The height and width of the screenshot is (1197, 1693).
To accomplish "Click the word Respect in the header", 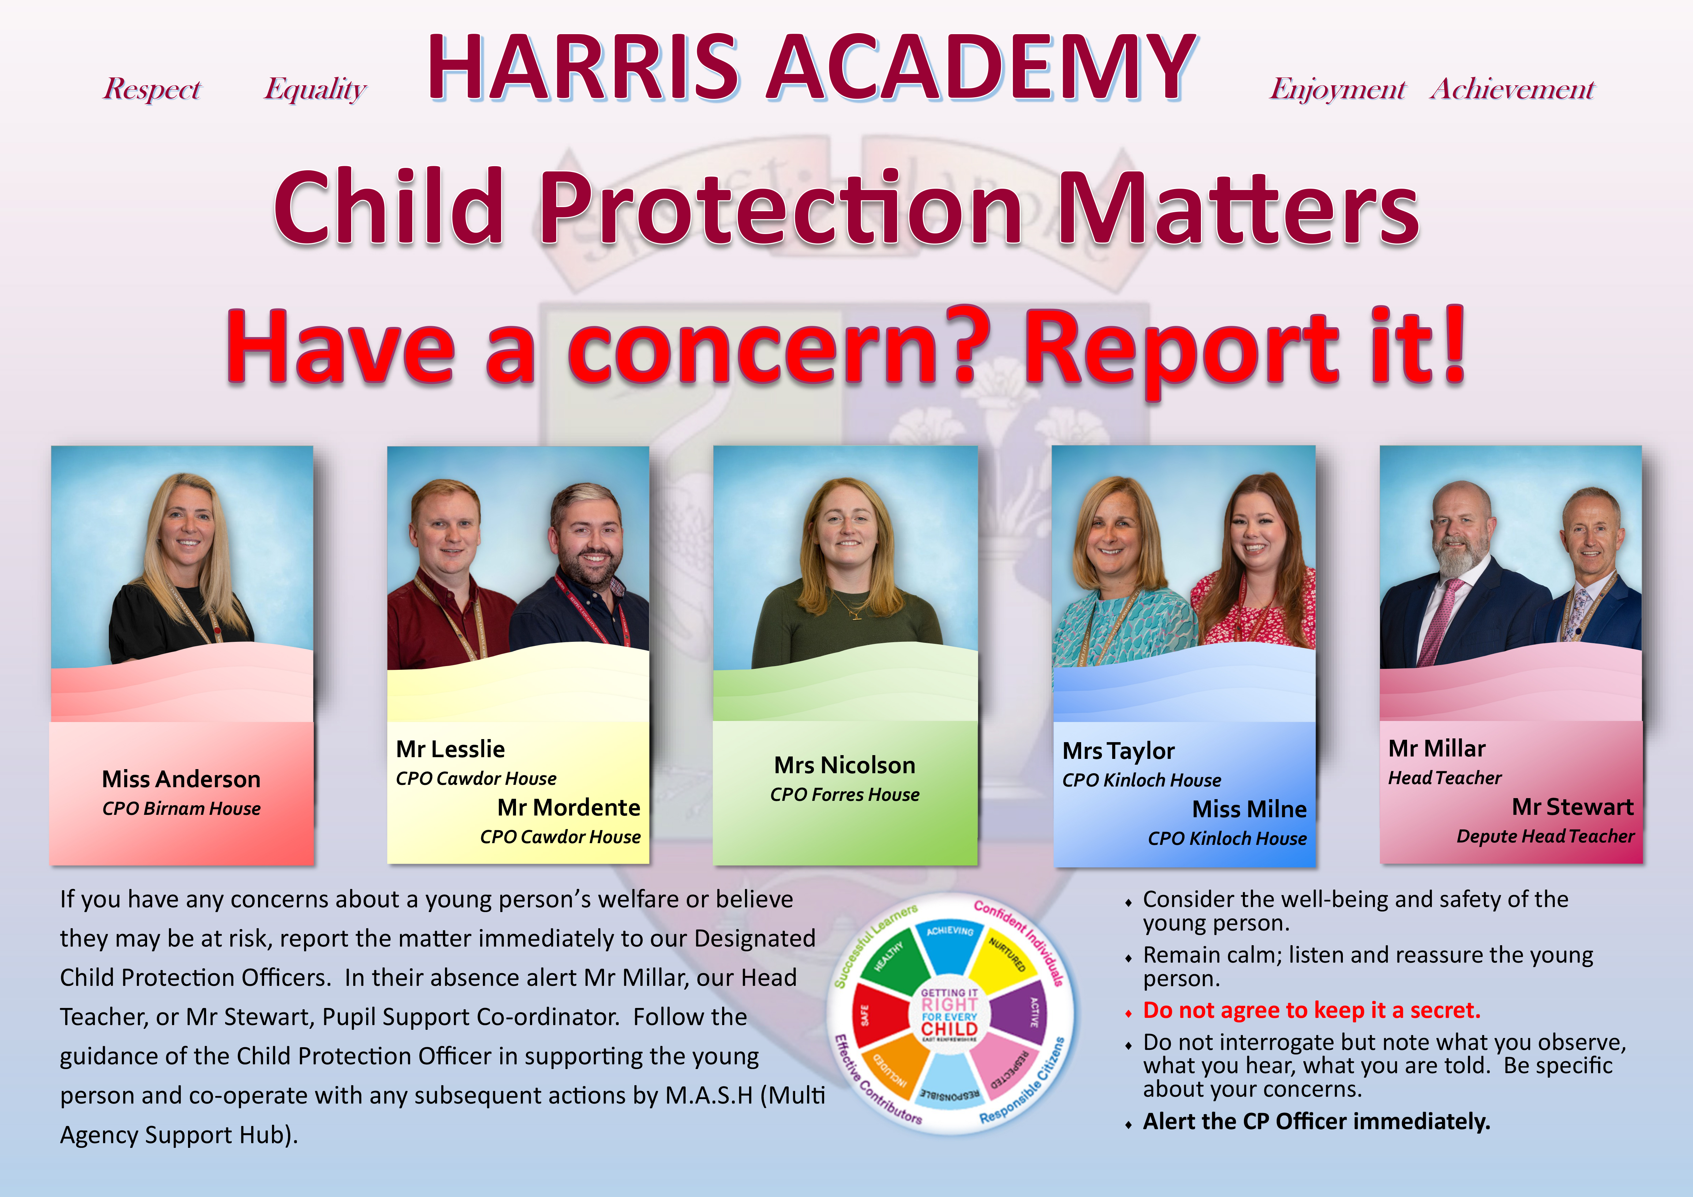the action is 152,88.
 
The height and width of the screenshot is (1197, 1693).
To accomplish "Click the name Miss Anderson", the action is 182,779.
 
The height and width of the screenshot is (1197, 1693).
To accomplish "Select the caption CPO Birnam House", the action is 182,809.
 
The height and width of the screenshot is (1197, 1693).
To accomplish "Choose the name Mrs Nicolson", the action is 845,765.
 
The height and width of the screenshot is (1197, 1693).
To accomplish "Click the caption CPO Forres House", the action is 845,795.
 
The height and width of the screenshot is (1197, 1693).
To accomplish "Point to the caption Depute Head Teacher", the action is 1546,837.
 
